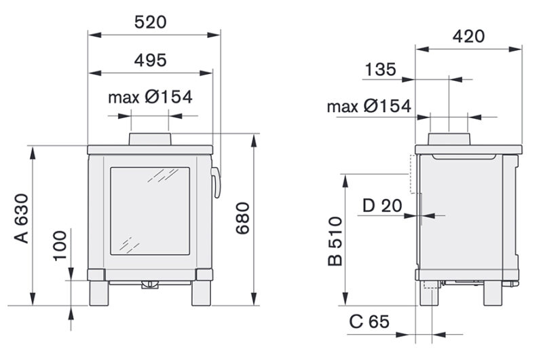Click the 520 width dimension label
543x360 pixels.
coord(150,22)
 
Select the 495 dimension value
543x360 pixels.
coord(150,60)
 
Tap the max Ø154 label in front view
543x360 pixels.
coord(150,96)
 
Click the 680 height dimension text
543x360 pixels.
coord(244,218)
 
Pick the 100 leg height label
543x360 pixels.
coord(60,246)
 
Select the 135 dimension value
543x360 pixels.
coord(381,69)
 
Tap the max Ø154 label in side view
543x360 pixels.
coord(369,106)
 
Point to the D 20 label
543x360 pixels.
coord(381,206)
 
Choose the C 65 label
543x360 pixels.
coord(369,322)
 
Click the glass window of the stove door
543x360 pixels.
coord(149,211)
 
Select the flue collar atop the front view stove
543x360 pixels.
coord(151,139)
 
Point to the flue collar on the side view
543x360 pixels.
coord(449,139)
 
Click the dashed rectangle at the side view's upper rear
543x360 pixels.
coord(411,173)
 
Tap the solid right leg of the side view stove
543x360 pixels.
coord(494,293)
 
